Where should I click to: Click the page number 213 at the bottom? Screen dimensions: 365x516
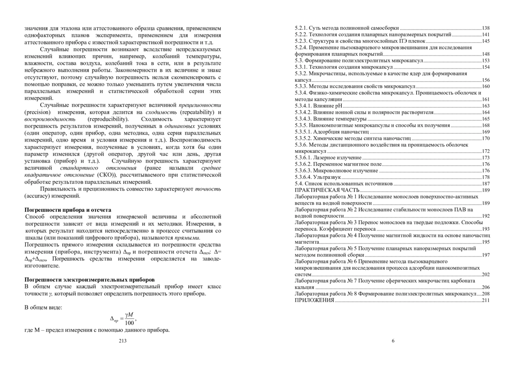[123, 341]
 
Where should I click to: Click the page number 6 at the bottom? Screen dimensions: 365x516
[393, 341]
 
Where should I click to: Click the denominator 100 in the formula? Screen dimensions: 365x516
[129, 323]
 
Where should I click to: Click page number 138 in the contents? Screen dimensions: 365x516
[486, 27]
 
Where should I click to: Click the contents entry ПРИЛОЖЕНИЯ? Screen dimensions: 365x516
[314, 300]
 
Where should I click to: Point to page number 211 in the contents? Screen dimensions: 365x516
[486, 300]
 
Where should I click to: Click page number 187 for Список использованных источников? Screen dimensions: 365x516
[486, 183]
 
